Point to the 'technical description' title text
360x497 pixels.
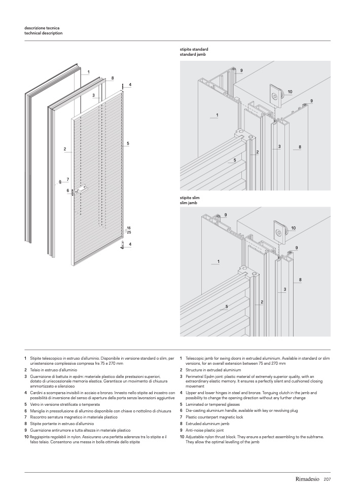coord(44,32)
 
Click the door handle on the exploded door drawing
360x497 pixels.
coord(82,189)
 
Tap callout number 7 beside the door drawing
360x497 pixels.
coord(67,179)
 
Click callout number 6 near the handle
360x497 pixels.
coord(67,190)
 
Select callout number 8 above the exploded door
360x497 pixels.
coord(112,78)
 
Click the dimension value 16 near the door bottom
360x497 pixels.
coord(129,228)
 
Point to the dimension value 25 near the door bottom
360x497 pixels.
coord(129,232)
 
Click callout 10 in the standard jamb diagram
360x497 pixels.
coord(290,92)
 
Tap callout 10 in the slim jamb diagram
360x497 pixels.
coord(293,228)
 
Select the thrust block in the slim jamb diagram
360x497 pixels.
coord(279,231)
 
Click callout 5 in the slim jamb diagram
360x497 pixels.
coord(227,307)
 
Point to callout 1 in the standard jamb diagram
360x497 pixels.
coord(217,115)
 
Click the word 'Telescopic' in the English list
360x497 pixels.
coord(196,358)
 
